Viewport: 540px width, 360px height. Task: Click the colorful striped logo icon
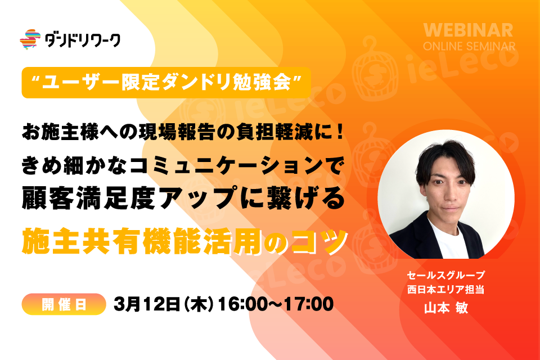[x=30, y=39]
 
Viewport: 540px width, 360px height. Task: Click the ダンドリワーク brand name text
[x=83, y=40]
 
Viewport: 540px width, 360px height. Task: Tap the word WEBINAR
[x=469, y=30]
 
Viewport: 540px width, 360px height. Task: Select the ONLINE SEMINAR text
[x=469, y=46]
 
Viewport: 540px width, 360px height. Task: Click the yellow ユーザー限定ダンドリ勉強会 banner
[x=166, y=83]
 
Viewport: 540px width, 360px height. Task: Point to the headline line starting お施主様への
[x=183, y=132]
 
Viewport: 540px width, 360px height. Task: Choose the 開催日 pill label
[x=64, y=304]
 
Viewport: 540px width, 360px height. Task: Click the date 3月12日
[x=147, y=304]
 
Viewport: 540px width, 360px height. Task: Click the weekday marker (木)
[x=199, y=304]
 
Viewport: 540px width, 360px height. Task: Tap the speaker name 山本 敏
[x=446, y=308]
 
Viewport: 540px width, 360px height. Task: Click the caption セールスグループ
[x=446, y=275]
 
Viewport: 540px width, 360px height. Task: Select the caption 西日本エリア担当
[x=446, y=289]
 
